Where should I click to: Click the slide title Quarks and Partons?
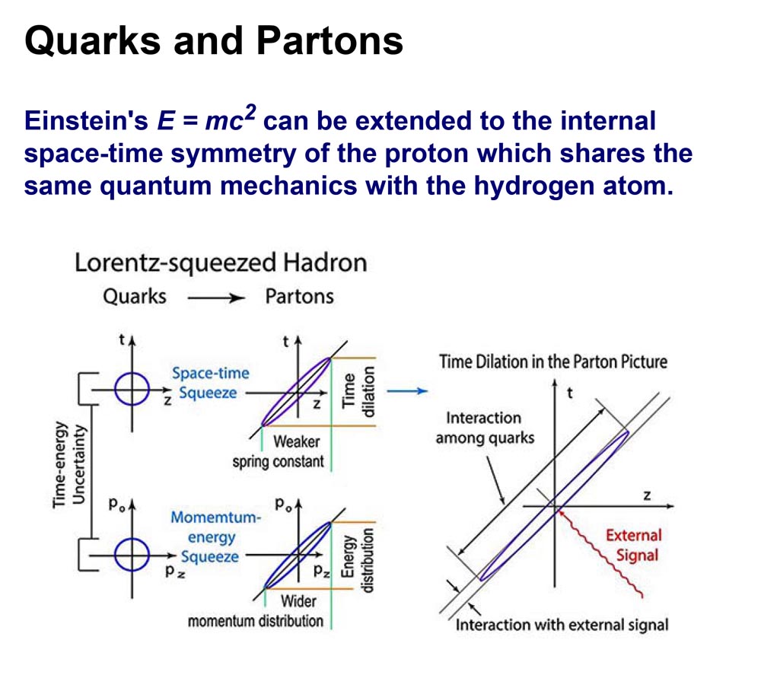[214, 41]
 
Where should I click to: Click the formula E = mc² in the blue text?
[206, 119]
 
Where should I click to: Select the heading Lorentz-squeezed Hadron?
[221, 263]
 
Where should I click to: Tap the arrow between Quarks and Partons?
[215, 298]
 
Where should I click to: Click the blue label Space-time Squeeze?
[210, 383]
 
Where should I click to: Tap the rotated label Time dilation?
[358, 392]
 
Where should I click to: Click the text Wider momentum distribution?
[256, 611]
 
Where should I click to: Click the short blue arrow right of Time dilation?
[407, 391]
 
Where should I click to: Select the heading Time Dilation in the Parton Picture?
[552, 362]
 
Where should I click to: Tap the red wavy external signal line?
[602, 553]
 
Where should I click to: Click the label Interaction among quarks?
[485, 428]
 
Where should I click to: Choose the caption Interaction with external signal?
[562, 625]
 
